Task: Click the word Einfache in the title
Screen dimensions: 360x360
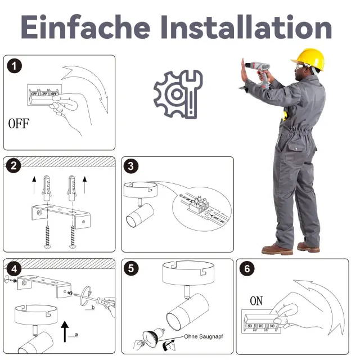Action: click(x=85, y=27)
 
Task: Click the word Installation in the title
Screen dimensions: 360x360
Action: click(x=246, y=27)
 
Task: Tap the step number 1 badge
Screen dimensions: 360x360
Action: click(x=14, y=66)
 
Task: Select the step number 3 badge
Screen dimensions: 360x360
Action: click(x=131, y=166)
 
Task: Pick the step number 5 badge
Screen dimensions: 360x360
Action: click(x=131, y=268)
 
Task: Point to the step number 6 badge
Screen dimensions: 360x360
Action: click(x=247, y=269)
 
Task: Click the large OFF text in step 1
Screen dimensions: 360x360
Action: click(x=19, y=124)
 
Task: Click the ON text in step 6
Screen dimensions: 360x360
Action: click(x=256, y=301)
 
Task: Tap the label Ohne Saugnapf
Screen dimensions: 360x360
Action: click(x=204, y=336)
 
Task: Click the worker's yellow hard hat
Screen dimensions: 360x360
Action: click(x=309, y=59)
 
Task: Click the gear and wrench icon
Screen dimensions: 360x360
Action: click(x=178, y=94)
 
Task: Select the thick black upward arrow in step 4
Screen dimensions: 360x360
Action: click(x=65, y=332)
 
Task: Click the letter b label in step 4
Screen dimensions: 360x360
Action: click(x=93, y=308)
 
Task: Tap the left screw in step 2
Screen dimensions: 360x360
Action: click(x=47, y=237)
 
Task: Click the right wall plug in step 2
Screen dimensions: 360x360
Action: click(x=71, y=188)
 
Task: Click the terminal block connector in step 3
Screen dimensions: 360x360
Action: click(x=199, y=205)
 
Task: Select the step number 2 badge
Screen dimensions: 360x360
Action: click(x=13, y=165)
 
